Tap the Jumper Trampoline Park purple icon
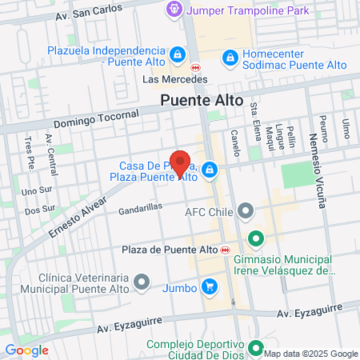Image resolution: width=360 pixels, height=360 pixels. click(172, 10)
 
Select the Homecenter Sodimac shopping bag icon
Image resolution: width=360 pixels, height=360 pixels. click(230, 58)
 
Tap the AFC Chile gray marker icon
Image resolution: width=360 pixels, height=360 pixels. click(246, 211)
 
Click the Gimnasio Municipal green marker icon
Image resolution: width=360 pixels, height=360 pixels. click(256, 238)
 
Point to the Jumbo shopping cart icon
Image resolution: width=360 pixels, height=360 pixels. click(209, 286)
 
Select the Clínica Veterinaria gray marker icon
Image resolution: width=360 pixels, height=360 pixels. click(142, 281)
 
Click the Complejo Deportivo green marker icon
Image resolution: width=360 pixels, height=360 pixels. click(256, 347)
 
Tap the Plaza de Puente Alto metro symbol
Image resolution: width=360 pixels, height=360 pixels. click(226, 249)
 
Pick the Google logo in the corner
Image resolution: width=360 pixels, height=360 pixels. click(26, 350)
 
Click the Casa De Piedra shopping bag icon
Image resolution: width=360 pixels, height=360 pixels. click(210, 169)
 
